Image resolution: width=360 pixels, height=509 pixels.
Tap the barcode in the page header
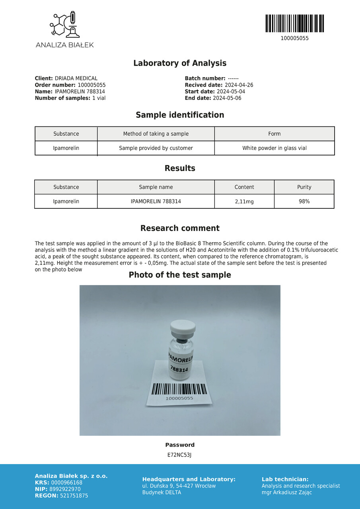tap(294, 23)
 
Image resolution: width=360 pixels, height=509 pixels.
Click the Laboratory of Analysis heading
tap(180, 63)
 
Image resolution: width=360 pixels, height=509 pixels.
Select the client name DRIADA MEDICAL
tap(76, 79)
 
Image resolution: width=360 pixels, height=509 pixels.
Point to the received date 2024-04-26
tap(239, 85)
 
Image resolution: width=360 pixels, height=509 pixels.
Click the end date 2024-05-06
tap(227, 98)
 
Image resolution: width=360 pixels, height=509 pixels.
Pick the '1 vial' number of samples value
tap(99, 98)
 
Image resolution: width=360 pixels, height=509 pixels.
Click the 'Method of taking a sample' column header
tap(156, 134)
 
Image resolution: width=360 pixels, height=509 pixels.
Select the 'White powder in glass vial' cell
tap(274, 148)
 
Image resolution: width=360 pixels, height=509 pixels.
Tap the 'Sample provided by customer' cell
tap(156, 148)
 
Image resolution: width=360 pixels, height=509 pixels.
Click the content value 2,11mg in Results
tap(244, 202)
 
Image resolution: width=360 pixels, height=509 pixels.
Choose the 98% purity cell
tap(304, 202)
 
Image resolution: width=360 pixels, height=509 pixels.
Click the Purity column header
tap(304, 187)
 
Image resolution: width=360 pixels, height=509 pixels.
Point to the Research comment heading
tap(180, 228)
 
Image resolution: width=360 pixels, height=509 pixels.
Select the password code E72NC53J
tap(179, 455)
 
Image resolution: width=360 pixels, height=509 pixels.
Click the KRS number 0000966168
tap(67, 483)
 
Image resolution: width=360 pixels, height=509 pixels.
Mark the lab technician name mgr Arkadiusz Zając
tap(287, 493)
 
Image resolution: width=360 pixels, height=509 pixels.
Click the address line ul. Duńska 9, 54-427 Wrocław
tap(179, 486)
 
